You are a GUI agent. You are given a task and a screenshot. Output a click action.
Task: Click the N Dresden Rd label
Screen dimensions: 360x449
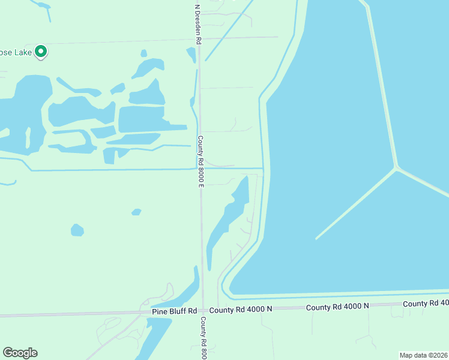pyautogui.click(x=197, y=24)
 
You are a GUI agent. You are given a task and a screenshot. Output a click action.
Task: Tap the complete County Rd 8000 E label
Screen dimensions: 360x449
pyautogui.click(x=201, y=161)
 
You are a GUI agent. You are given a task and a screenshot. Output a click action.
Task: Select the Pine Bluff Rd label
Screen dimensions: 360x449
pyautogui.click(x=175, y=311)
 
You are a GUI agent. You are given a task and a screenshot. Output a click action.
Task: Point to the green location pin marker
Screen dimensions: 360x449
pyautogui.click(x=41, y=52)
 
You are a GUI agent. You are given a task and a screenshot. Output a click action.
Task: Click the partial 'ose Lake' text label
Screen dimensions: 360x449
pyautogui.click(x=14, y=52)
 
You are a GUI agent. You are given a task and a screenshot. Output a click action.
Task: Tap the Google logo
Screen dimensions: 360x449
pyautogui.click(x=20, y=353)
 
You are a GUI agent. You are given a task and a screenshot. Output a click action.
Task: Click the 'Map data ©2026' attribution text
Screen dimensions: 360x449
pyautogui.click(x=424, y=355)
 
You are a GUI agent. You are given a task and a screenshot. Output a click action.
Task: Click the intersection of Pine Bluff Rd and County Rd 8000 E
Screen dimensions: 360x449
pyautogui.click(x=202, y=311)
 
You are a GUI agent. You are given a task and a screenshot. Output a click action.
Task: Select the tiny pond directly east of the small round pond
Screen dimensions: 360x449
pyautogui.click(x=136, y=212)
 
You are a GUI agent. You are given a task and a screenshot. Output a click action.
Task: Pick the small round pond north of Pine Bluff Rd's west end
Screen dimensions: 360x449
pyautogui.click(x=77, y=230)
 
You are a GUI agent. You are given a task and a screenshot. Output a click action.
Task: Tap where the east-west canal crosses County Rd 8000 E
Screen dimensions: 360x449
pyautogui.click(x=200, y=169)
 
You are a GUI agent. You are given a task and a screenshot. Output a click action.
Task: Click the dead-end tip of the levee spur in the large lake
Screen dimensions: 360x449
pyautogui.click(x=316, y=238)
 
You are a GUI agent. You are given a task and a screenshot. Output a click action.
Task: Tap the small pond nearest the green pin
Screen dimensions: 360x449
pyautogui.click(x=143, y=53)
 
